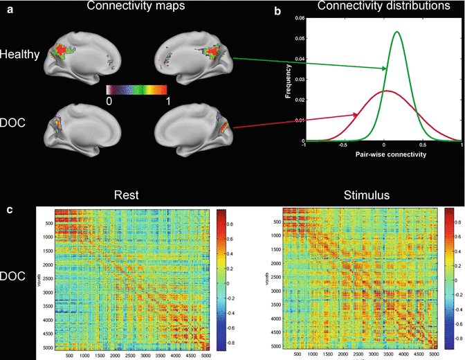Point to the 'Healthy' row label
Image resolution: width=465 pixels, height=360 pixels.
point(19,53)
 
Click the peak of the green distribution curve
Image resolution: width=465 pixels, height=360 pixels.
point(396,32)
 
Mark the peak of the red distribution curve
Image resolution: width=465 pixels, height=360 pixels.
point(383,91)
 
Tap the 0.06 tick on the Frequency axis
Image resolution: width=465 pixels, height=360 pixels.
point(299,18)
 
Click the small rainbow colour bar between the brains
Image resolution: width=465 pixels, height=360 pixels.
point(136,89)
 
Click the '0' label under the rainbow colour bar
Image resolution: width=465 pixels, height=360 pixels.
point(109,100)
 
